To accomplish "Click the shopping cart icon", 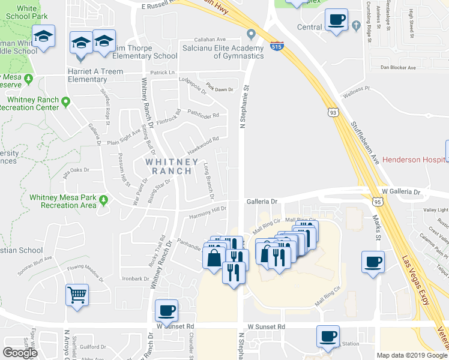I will (x=77, y=295).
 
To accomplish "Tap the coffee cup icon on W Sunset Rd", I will (x=166, y=311).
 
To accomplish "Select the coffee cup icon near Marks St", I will (x=373, y=262).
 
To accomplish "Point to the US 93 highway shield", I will (x=333, y=112).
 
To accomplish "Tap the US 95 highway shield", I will (x=377, y=202).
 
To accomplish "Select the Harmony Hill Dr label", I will (x=207, y=212).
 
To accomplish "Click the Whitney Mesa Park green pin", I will (x=104, y=199).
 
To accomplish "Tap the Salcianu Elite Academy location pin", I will (x=251, y=34).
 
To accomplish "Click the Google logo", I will (x=20, y=353).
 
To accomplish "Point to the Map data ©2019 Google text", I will (x=411, y=355).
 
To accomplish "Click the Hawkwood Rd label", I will (x=203, y=143).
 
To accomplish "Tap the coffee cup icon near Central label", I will (x=336, y=19).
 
